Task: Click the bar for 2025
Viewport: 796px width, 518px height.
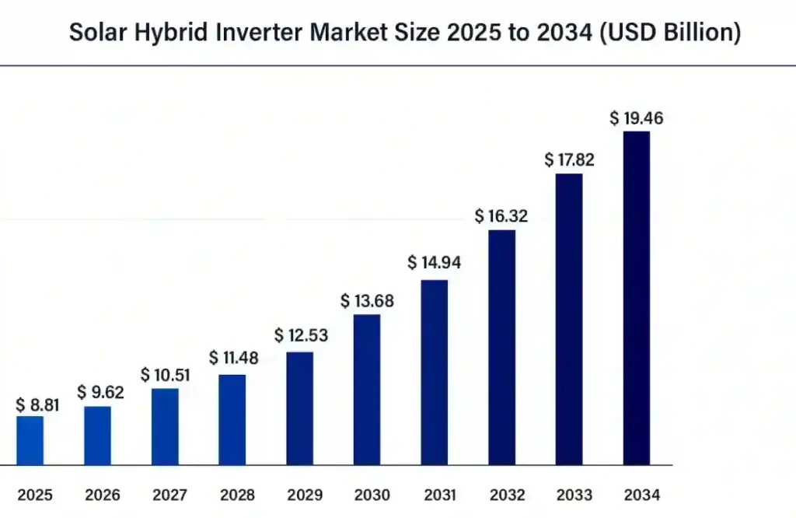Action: click(x=30, y=440)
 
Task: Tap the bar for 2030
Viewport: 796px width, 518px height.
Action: click(x=367, y=390)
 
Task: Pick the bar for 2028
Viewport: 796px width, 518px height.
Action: click(x=232, y=420)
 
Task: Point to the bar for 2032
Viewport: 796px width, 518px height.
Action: click(x=501, y=348)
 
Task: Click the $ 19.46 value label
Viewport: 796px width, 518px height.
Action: click(x=636, y=118)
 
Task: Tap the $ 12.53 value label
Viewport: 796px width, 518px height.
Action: click(x=301, y=336)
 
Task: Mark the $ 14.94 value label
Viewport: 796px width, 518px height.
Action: click(x=434, y=263)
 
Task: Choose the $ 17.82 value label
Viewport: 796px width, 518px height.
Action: click(x=568, y=159)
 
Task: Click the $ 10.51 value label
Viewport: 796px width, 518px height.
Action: click(x=165, y=375)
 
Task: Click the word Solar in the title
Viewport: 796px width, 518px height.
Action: click(x=96, y=33)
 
